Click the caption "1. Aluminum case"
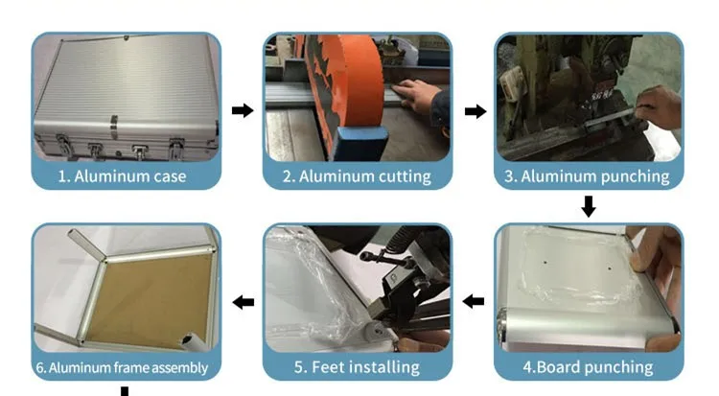point(122,176)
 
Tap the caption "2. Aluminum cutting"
point(357,176)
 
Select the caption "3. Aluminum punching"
point(587,176)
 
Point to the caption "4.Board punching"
point(589,367)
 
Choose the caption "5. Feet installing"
point(357,367)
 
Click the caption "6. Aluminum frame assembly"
point(122,367)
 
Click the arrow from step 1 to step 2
point(243,110)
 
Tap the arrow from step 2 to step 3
point(475,111)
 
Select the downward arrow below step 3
point(589,206)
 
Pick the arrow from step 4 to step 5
point(474,301)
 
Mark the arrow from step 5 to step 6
point(244,302)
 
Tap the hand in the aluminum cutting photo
point(415,95)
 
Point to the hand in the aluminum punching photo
point(658,107)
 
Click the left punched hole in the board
point(545,263)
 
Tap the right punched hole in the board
point(610,268)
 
